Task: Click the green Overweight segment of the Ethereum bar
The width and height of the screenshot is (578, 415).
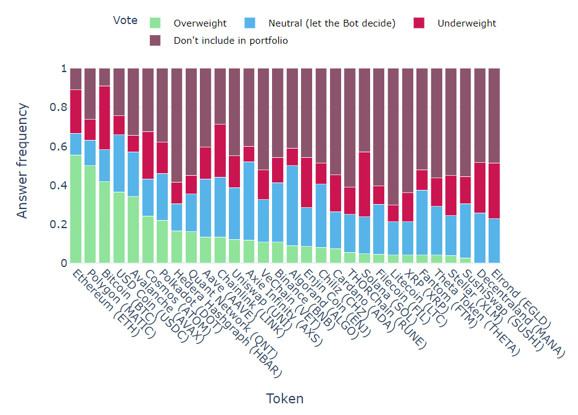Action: [76, 209]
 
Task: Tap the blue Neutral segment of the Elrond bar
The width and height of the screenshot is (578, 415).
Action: [494, 240]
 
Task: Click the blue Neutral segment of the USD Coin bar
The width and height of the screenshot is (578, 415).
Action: [119, 163]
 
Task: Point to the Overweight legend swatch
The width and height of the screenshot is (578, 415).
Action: [155, 23]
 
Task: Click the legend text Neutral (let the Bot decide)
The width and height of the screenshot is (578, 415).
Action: [332, 23]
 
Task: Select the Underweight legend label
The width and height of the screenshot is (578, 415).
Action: [466, 23]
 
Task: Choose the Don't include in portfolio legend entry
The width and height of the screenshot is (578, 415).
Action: [231, 41]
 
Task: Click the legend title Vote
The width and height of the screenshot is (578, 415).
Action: [125, 20]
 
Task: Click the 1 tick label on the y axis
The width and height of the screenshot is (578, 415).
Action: [64, 69]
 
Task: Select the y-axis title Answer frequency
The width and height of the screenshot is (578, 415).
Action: [23, 161]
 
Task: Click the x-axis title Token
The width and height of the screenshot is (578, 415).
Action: [284, 398]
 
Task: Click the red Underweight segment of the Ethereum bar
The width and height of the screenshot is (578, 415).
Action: [76, 112]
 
